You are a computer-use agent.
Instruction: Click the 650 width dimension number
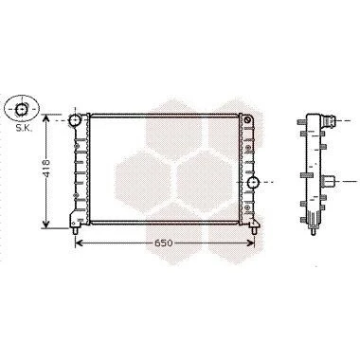click(x=164, y=243)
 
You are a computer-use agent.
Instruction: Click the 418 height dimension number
click(x=46, y=168)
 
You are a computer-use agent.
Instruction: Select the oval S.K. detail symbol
click(x=22, y=108)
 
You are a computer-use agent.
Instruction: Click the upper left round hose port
click(x=76, y=120)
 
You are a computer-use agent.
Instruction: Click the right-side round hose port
click(x=253, y=182)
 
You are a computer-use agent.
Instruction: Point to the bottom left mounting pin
click(x=75, y=230)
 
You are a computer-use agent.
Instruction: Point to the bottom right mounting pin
click(x=254, y=230)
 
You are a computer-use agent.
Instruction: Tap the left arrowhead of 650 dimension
click(x=79, y=243)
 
